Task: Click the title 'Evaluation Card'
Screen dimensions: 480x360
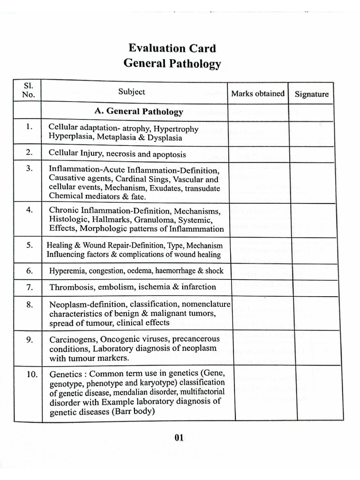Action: click(172, 48)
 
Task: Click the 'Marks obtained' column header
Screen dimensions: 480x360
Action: click(257, 93)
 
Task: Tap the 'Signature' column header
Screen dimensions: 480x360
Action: click(311, 94)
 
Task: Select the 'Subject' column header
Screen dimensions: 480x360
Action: click(132, 92)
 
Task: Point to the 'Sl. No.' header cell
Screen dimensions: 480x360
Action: click(27, 90)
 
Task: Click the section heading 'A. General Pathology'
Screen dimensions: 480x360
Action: click(139, 112)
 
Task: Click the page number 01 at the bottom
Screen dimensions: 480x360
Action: click(179, 438)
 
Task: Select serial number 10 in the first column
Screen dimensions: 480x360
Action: click(29, 374)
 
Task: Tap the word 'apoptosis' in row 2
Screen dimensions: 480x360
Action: click(167, 154)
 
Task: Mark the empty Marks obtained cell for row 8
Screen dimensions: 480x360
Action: click(257, 313)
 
